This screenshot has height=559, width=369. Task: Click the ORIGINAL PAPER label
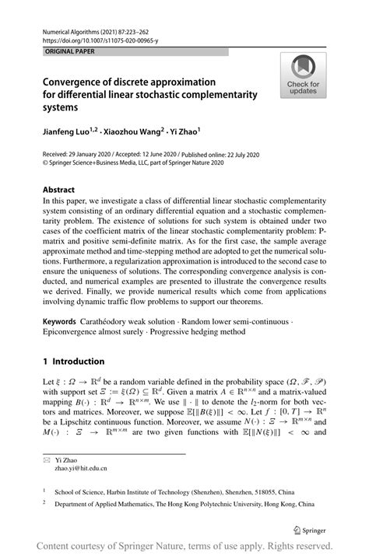(60, 51)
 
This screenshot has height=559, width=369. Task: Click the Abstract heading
(59, 189)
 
